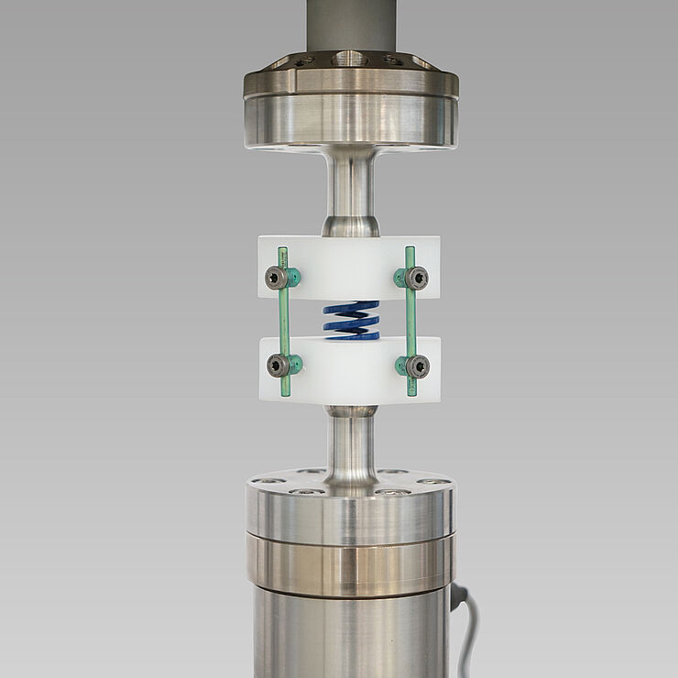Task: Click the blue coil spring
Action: tap(350, 321)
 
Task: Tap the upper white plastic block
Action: tap(348, 266)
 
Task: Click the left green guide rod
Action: tap(285, 321)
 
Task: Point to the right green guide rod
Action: tap(410, 321)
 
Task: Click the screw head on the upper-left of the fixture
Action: tap(276, 278)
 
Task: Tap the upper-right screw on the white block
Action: tap(418, 278)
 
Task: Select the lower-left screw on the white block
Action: tap(278, 366)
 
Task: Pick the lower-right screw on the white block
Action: tap(418, 367)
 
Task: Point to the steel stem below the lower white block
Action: tap(349, 449)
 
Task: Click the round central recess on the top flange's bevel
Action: tap(351, 59)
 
